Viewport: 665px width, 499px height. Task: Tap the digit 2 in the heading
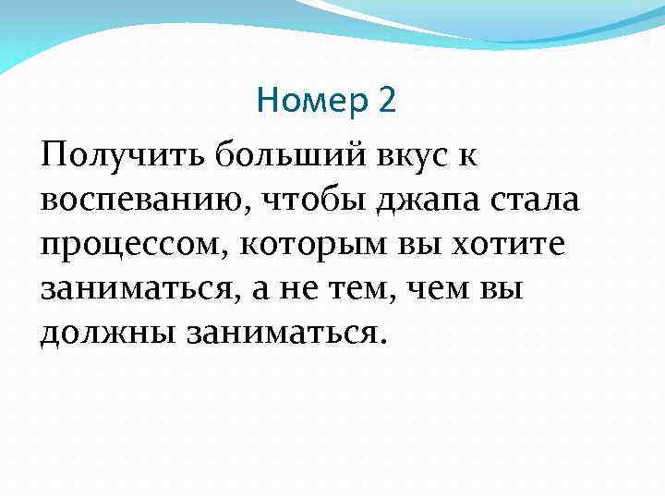[x=386, y=100]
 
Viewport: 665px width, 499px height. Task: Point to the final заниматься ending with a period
[x=283, y=332]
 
